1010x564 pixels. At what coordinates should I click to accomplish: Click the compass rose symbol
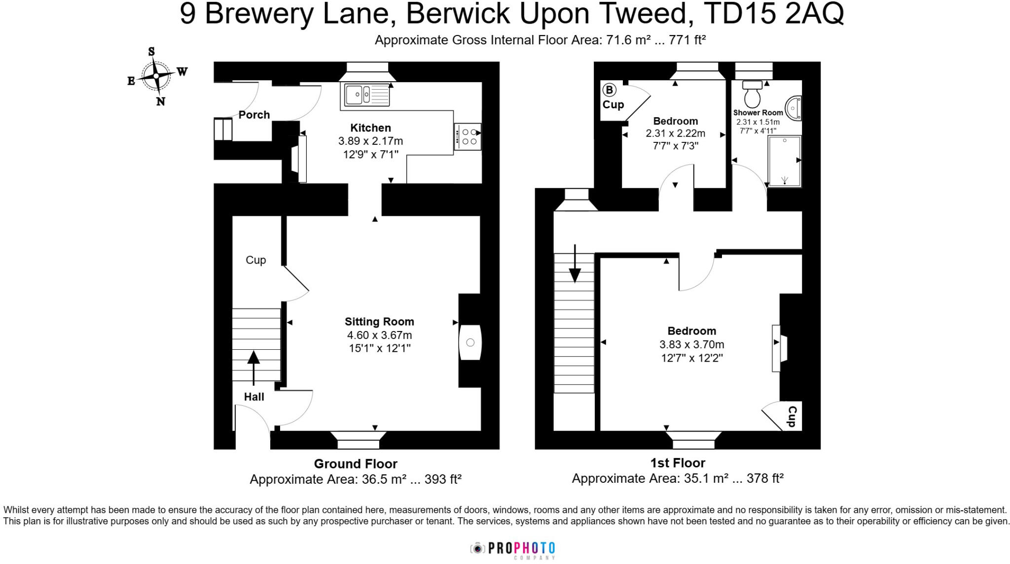tap(156, 76)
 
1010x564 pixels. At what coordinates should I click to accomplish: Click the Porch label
tap(254, 115)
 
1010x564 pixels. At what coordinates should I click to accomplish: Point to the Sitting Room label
tap(379, 322)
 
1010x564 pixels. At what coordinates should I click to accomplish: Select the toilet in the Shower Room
tap(752, 95)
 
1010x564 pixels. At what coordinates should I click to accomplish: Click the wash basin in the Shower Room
tap(794, 108)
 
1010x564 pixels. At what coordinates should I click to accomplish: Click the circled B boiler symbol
tap(610, 90)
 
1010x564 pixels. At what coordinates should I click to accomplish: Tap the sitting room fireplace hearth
tap(469, 342)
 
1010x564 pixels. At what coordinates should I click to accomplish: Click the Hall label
tap(254, 397)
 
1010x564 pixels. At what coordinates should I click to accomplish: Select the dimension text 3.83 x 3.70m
tap(692, 344)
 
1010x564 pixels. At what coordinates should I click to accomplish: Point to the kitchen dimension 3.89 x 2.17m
tap(370, 141)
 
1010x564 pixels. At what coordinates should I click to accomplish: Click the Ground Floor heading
tap(356, 464)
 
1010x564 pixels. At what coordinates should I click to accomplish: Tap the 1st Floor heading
tap(678, 463)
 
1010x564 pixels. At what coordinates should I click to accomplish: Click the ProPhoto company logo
tap(513, 548)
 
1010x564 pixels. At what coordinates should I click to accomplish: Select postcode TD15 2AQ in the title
tap(773, 14)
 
